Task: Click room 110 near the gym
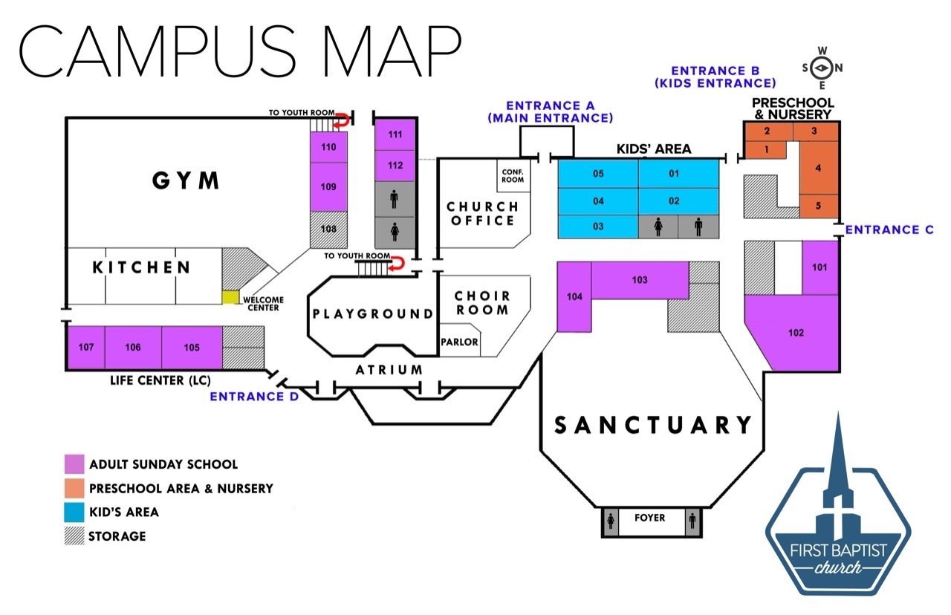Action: [328, 147]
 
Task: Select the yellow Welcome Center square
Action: [230, 297]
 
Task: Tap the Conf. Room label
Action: [513, 175]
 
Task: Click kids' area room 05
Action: [597, 175]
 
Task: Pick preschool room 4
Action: [819, 168]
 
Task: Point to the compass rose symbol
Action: [822, 68]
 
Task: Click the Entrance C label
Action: [889, 230]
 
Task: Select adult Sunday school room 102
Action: [796, 332]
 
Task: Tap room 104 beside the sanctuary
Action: [574, 297]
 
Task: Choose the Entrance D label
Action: [254, 396]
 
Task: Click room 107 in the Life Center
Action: [86, 347]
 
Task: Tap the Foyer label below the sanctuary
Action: [651, 518]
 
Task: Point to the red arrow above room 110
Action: [343, 119]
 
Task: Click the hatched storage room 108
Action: [328, 230]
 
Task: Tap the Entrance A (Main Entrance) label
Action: [550, 111]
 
